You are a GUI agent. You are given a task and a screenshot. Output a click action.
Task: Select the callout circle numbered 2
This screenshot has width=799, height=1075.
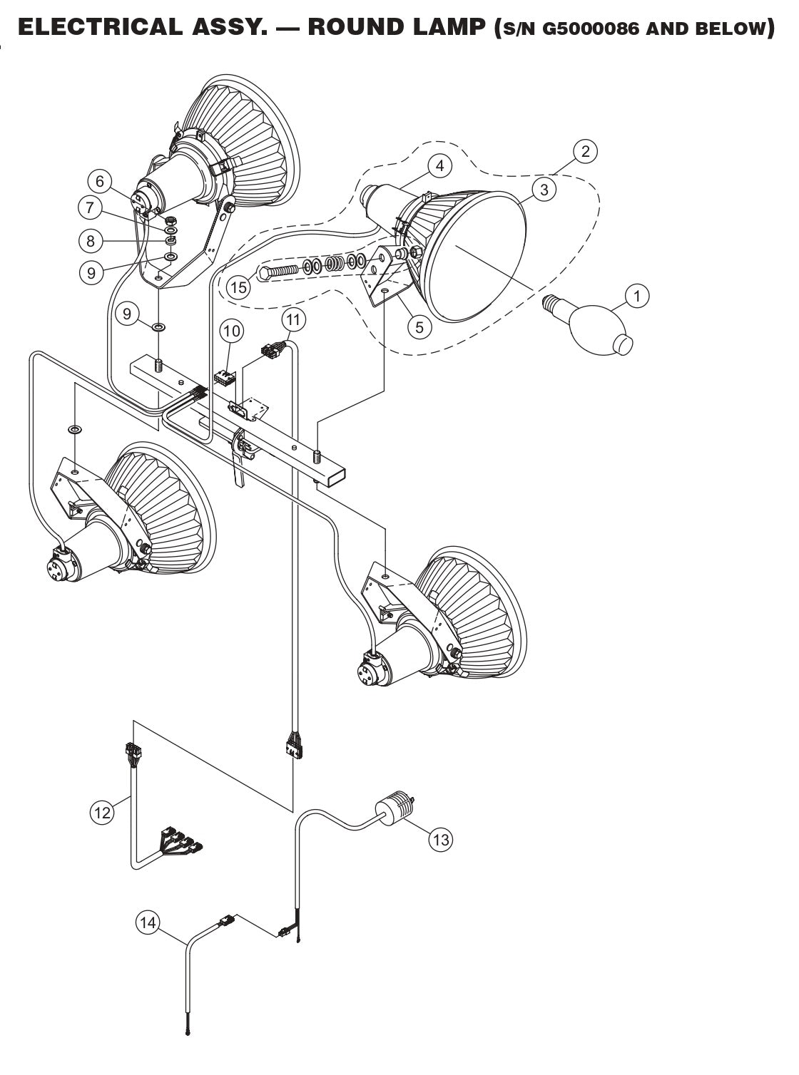coord(585,151)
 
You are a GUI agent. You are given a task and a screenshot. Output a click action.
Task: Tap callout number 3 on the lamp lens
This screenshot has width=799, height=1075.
coord(544,189)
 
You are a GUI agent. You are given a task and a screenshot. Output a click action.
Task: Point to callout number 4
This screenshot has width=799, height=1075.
coord(440,166)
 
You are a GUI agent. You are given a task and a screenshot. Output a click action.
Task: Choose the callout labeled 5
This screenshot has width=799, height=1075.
coord(419,326)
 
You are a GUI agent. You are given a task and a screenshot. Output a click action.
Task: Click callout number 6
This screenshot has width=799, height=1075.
coord(100,182)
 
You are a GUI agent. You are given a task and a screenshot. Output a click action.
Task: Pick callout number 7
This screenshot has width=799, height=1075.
coord(90,207)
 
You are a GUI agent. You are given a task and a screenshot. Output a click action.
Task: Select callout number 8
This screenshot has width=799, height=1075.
coord(90,241)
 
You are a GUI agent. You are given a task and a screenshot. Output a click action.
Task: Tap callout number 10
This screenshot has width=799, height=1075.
coord(232,331)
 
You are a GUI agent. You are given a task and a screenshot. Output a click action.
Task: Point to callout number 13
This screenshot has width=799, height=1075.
coord(441,840)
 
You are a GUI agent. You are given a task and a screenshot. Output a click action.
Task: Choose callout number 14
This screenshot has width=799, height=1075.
coord(148,923)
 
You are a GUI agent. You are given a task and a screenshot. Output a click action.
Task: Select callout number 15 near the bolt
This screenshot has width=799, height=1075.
coord(239,287)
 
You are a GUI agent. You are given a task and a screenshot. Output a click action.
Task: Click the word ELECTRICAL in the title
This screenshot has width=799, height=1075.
coord(99,28)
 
